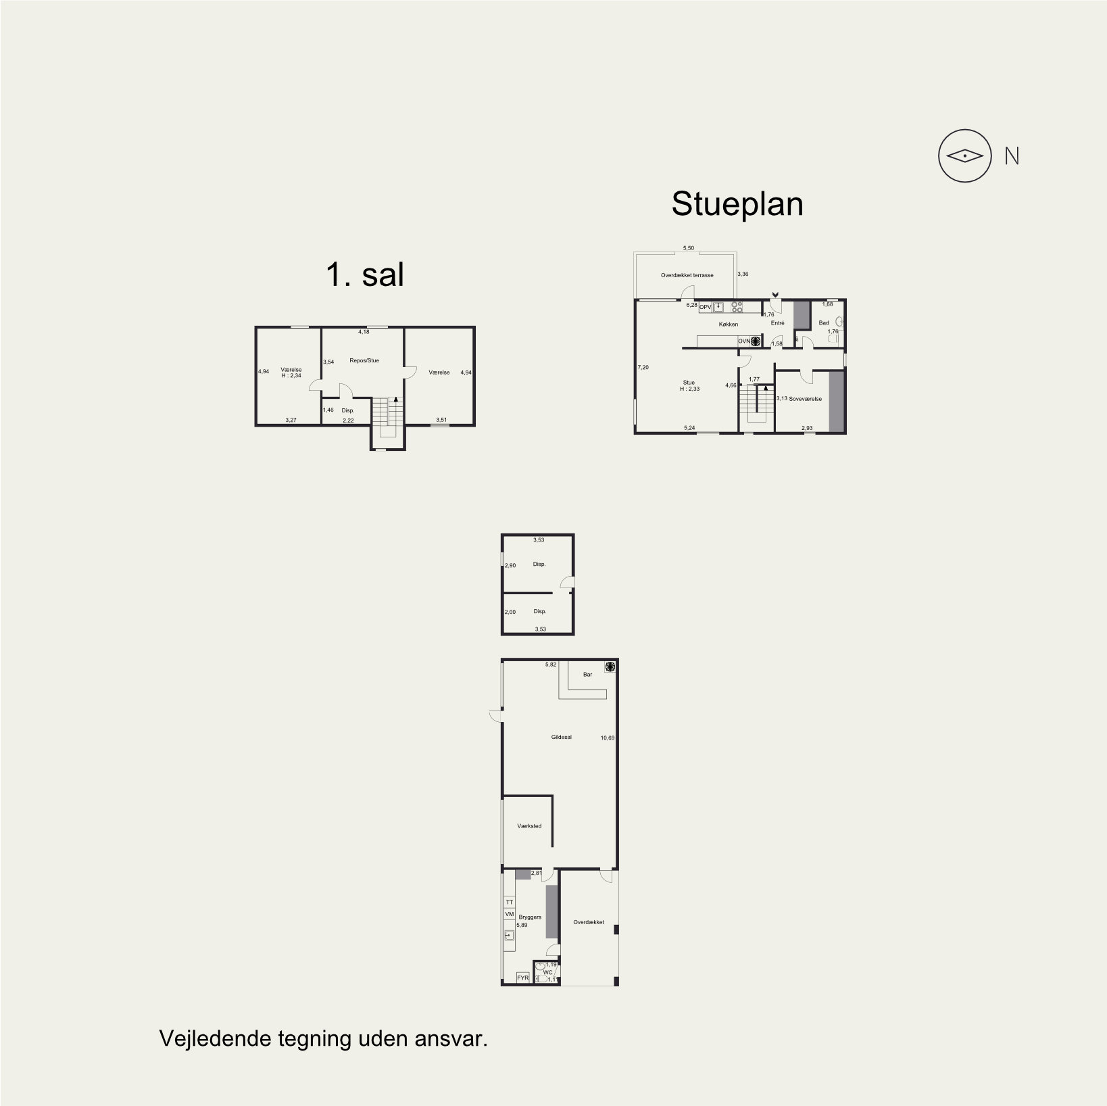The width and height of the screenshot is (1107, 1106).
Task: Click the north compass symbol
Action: point(964,156)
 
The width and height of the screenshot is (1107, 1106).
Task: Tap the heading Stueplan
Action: point(737,204)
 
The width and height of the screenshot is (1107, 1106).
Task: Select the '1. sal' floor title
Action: point(365,275)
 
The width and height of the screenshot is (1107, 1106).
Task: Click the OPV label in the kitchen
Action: point(705,307)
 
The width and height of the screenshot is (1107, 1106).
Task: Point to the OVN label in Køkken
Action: point(743,341)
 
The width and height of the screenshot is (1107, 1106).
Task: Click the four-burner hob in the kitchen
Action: point(737,307)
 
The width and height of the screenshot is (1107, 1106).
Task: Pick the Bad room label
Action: point(824,323)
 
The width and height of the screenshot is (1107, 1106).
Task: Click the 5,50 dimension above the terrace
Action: point(688,248)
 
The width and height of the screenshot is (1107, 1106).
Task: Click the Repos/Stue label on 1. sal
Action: point(364,360)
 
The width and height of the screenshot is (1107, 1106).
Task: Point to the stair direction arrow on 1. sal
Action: point(395,400)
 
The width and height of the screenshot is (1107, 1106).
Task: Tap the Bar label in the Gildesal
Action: point(587,674)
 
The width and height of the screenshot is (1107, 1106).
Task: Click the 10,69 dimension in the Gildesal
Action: point(608,738)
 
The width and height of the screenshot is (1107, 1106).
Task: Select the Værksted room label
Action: point(529,826)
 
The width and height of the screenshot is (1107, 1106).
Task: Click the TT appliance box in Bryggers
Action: point(510,902)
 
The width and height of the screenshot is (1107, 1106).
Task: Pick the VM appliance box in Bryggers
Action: point(510,914)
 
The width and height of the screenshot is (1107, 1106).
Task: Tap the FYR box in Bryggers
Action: point(522,978)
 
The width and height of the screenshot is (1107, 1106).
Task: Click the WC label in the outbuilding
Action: point(547,973)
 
